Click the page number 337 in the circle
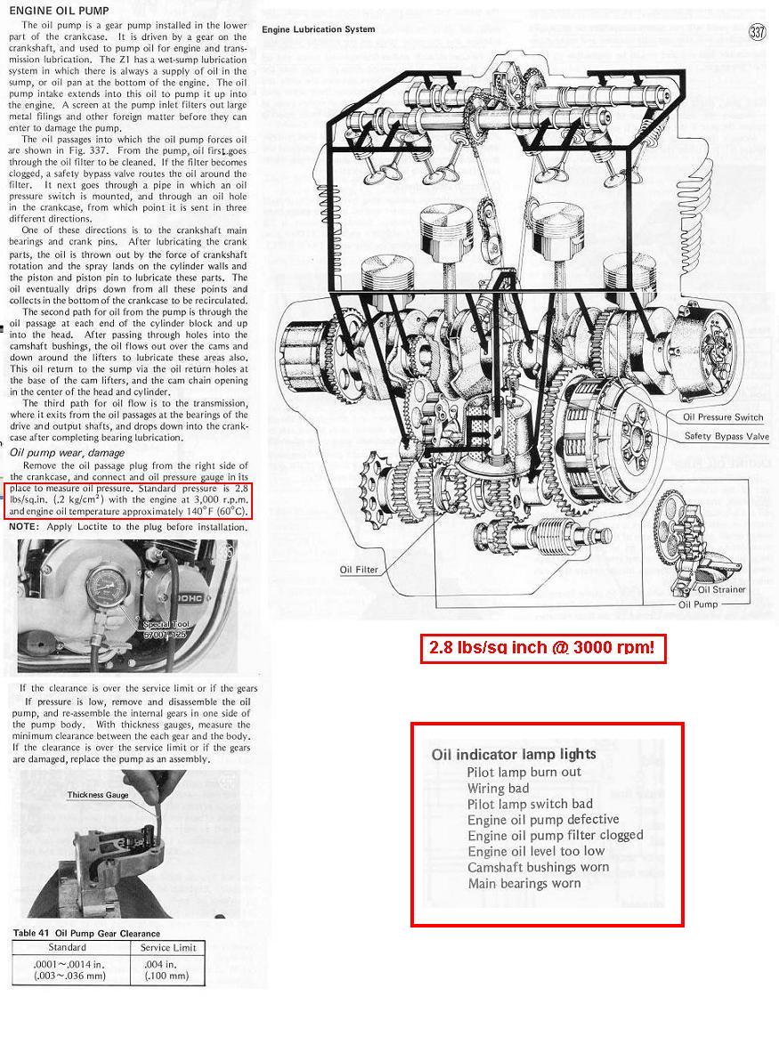pyautogui.click(x=758, y=33)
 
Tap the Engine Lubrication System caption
pyautogui.click(x=318, y=29)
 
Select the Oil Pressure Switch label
pyautogui.click(x=723, y=417)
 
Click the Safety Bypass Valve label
pyautogui.click(x=726, y=436)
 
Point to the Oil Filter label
pyautogui.click(x=359, y=570)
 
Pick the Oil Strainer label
pyautogui.click(x=722, y=589)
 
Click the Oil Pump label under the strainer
pyautogui.click(x=698, y=604)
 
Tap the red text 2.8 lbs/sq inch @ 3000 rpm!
pyautogui.click(x=542, y=648)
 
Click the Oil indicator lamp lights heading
pyautogui.click(x=501, y=754)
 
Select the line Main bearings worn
pyautogui.click(x=524, y=883)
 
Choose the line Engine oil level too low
pyautogui.click(x=536, y=851)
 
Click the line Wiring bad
pyautogui.click(x=498, y=788)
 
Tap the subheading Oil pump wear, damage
pyautogui.click(x=67, y=453)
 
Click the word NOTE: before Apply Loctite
pyautogui.click(x=24, y=527)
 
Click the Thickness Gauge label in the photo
pyautogui.click(x=98, y=795)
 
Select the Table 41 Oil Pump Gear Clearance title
pyautogui.click(x=86, y=933)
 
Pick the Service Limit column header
pyautogui.click(x=168, y=947)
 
